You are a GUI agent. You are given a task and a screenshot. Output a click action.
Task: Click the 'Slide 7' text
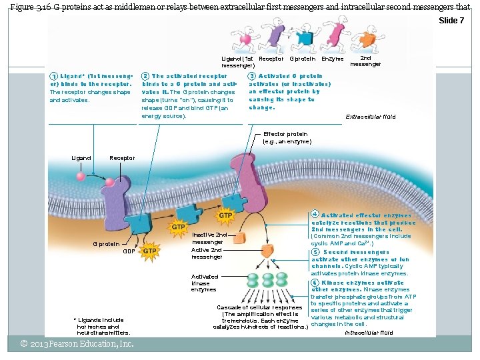click(451, 21)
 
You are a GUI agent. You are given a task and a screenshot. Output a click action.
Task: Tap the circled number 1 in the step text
click(53, 77)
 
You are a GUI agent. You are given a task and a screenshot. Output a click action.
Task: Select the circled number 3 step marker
click(251, 77)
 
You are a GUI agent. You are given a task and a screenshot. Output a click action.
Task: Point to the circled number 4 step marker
click(315, 215)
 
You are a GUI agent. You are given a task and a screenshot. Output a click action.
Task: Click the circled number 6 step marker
click(315, 283)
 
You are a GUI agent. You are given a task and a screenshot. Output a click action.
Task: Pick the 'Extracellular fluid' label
click(371, 117)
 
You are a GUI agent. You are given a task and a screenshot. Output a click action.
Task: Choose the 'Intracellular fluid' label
click(369, 332)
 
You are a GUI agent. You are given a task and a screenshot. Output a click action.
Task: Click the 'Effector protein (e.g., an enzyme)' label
click(287, 138)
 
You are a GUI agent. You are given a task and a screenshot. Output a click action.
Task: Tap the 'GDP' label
click(129, 251)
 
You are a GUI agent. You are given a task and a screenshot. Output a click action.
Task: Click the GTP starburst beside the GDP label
click(150, 251)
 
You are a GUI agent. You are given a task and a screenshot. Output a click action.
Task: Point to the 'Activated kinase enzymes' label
click(204, 283)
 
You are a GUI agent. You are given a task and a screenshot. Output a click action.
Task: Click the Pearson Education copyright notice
click(77, 344)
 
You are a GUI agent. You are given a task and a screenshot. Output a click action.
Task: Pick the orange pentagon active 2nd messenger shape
click(267, 251)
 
